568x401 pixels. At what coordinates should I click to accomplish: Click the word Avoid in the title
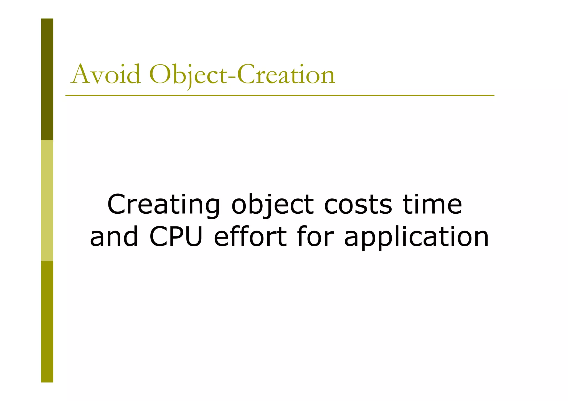click(105, 74)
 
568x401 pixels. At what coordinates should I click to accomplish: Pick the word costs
click(358, 205)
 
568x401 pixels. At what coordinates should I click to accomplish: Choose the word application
click(416, 237)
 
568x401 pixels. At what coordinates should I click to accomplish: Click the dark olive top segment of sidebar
click(47, 79)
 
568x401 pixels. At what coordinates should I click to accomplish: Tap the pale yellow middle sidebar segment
click(47, 200)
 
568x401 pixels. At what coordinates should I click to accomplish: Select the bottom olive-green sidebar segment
click(47, 321)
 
